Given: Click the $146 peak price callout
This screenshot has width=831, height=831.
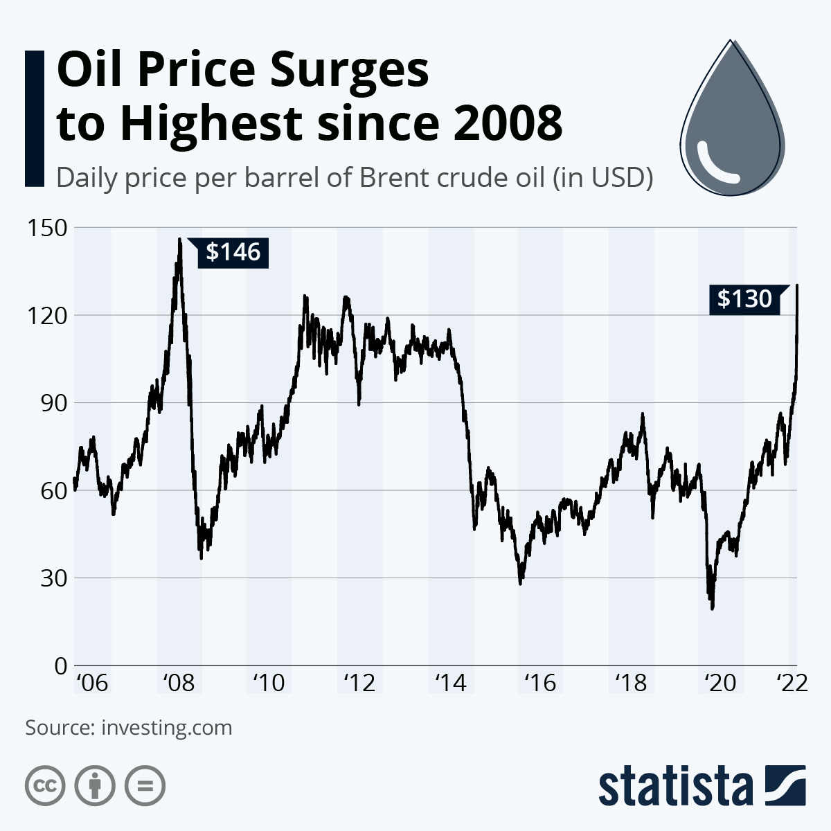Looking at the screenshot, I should point(233,252).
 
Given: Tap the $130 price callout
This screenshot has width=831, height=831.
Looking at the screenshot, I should point(744,298).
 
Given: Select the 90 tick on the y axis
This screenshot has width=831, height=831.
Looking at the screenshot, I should point(52,402).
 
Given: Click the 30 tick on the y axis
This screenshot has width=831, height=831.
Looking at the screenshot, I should point(52,578).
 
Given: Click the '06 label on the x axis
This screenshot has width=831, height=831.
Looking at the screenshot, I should point(91,683).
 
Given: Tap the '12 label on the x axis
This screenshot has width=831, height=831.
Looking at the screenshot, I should point(359,683).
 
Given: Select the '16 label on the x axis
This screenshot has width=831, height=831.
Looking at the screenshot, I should point(540,683).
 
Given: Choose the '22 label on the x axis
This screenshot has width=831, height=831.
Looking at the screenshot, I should point(791,683).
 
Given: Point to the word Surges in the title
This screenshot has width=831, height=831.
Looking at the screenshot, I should point(350,71).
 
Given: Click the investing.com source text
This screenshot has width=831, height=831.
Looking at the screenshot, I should point(166,728).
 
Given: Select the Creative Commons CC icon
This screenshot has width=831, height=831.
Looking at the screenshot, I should point(45,786).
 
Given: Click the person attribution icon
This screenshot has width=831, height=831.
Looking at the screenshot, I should point(95,786).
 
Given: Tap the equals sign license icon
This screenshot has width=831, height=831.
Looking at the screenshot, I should point(145,786).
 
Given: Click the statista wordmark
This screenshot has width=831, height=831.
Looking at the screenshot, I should point(675,787).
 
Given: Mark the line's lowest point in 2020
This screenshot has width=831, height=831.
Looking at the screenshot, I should point(713,608).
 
